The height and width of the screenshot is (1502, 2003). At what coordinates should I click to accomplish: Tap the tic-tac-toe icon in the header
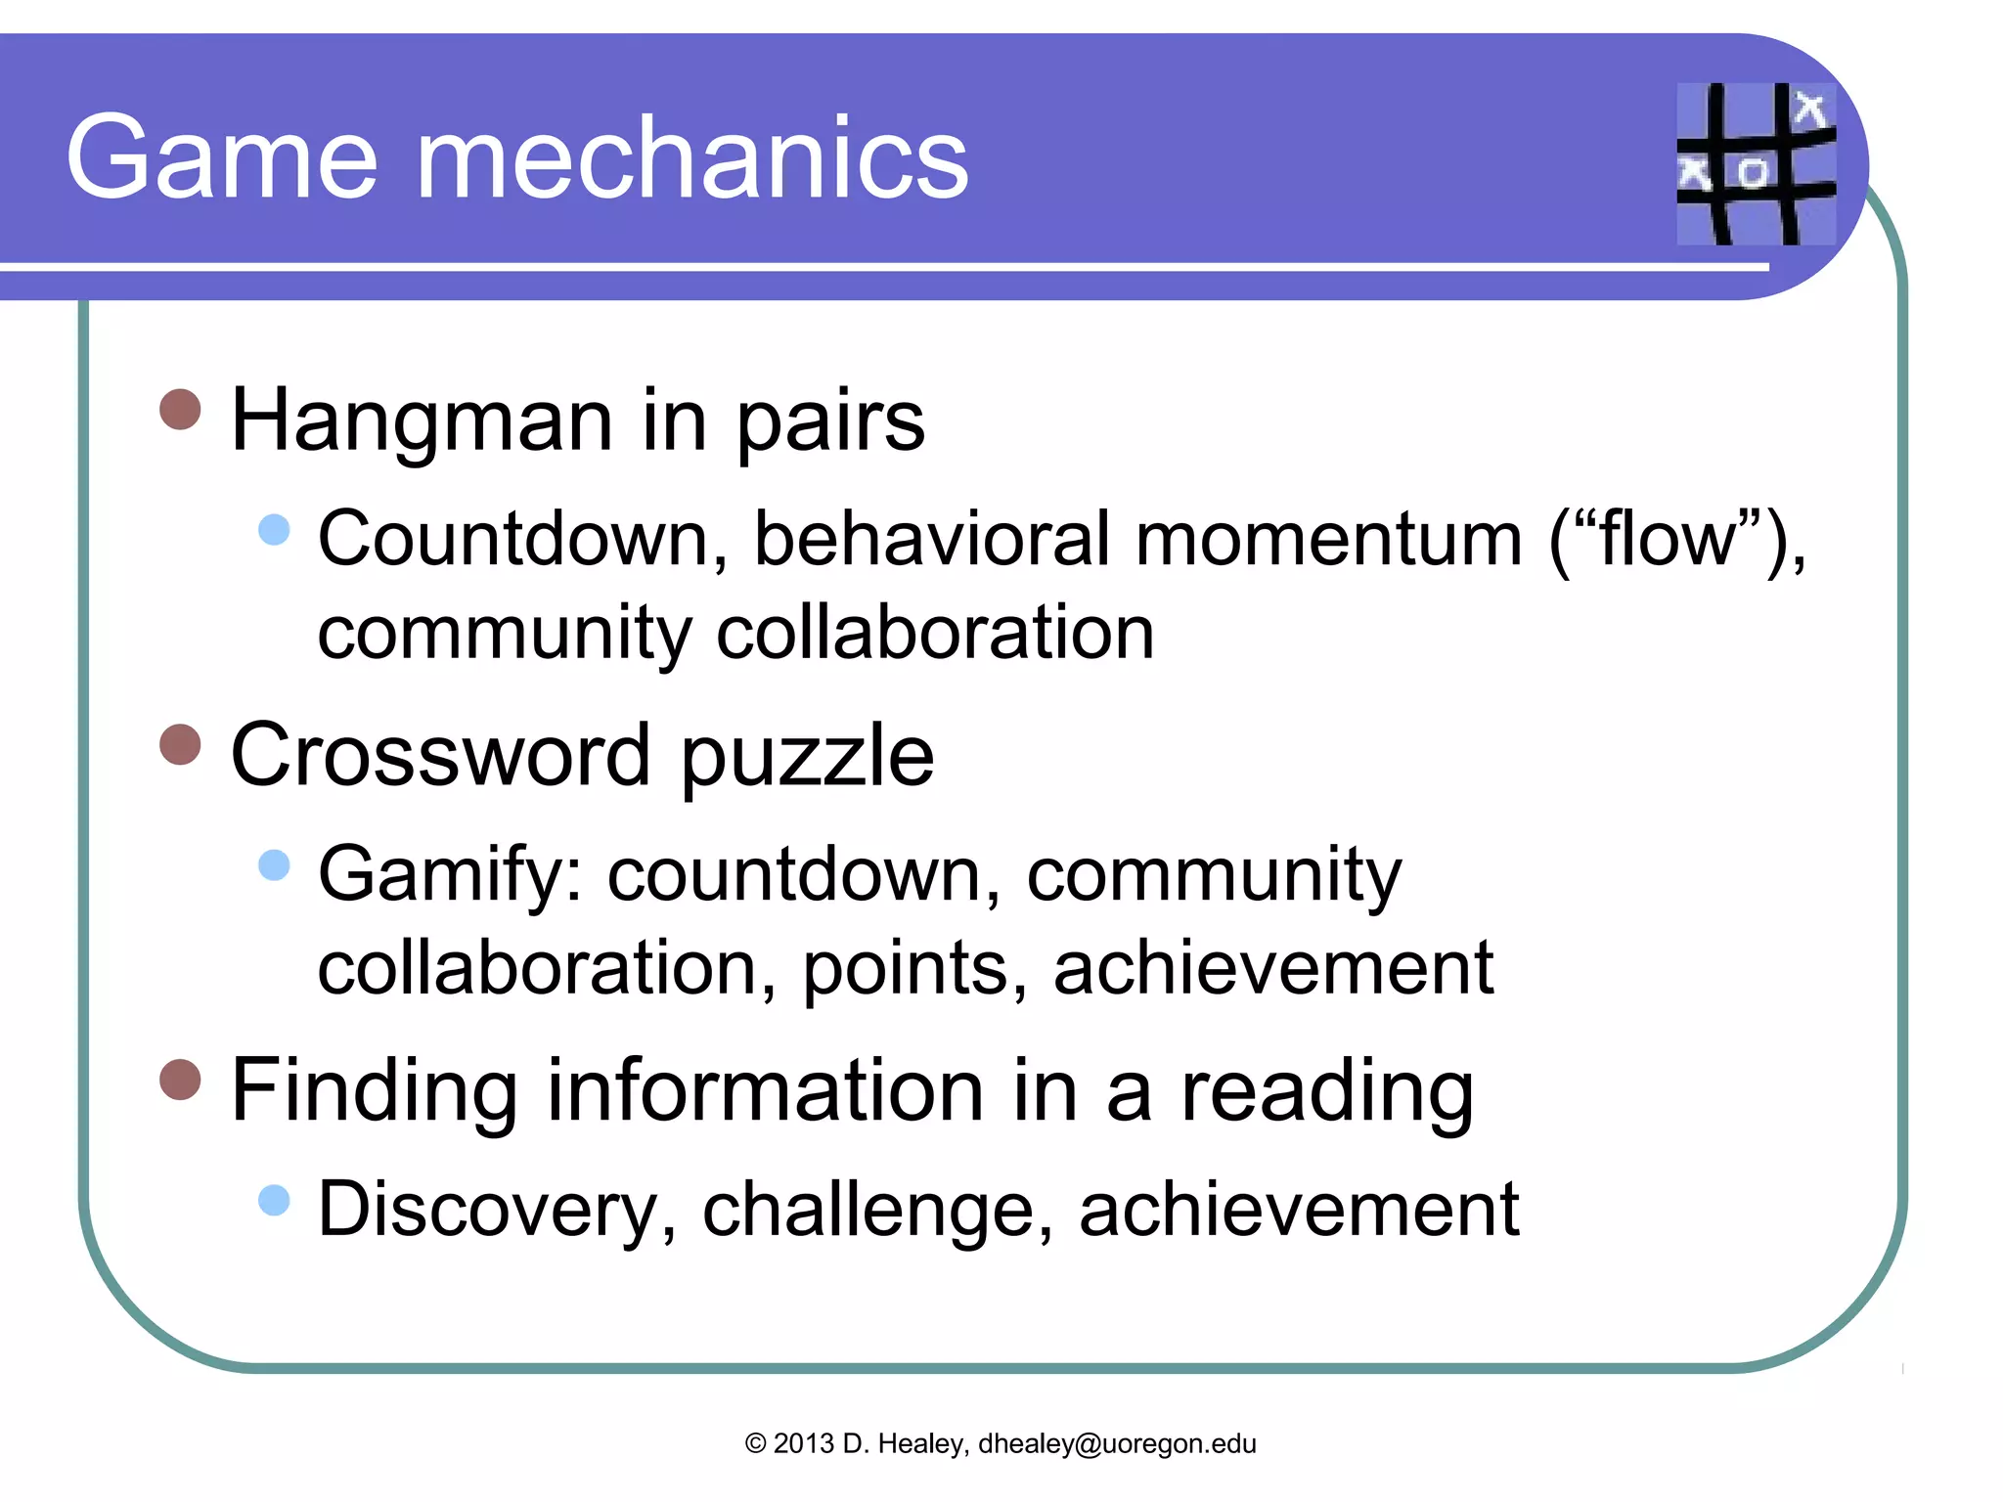pos(1756,163)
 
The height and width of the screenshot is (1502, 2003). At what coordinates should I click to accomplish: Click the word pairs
pos(829,422)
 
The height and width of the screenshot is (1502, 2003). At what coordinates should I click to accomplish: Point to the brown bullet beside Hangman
pos(180,409)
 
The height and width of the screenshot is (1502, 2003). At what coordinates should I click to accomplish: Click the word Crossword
pos(441,755)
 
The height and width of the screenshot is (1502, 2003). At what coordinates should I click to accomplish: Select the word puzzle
pos(807,758)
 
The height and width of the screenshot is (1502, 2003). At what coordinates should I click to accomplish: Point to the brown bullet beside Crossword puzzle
pos(180,744)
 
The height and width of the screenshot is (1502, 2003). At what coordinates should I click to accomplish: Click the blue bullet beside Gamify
pos(275,864)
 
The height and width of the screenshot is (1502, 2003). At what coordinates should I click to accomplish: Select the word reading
pos(1327,1092)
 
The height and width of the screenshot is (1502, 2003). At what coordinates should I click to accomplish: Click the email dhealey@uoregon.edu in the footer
pos(1117,1443)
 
